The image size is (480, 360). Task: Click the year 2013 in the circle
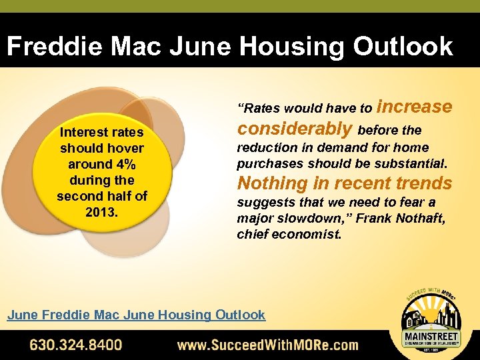click(101, 212)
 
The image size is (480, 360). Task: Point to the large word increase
click(414, 107)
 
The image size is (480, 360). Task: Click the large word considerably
click(295, 128)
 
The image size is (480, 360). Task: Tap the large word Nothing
click(269, 183)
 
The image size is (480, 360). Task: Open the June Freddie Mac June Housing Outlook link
click(136, 315)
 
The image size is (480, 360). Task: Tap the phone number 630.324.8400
click(75, 345)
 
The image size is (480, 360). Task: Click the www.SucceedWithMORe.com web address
click(267, 345)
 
